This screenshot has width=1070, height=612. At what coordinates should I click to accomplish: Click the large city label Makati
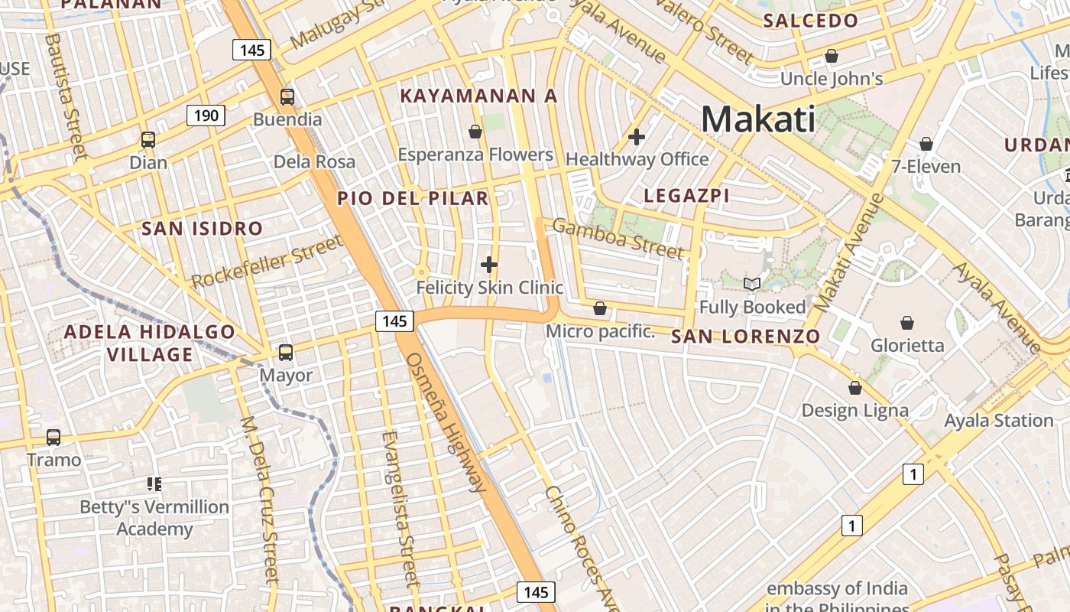pos(757,119)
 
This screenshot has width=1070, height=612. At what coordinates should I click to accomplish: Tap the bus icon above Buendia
pos(287,97)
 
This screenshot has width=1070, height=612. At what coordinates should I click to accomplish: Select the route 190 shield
pos(206,116)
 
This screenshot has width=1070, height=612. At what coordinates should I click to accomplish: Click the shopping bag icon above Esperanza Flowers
pos(475,132)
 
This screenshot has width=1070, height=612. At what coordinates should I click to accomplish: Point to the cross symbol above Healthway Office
pos(637,138)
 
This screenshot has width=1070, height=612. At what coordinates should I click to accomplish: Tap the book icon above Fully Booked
pos(752,285)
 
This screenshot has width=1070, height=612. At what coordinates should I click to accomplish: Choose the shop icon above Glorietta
pos(907,323)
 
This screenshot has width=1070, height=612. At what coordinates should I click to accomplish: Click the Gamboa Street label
pos(618,238)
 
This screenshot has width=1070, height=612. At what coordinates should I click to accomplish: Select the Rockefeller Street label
pos(267,262)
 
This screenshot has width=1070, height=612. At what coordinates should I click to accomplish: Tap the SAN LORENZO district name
pos(745,337)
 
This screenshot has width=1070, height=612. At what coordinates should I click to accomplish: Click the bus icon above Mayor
pos(286,353)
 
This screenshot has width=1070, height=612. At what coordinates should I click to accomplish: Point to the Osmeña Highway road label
pos(446,422)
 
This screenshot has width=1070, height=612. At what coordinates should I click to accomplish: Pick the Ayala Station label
pos(999,421)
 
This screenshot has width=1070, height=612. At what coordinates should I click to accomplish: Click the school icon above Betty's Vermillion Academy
pos(154,484)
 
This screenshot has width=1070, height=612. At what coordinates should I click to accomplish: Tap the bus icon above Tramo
pos(53,438)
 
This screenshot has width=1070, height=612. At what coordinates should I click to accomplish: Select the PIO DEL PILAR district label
pos(413,199)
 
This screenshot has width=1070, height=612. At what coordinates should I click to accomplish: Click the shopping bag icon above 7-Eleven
pos(926,144)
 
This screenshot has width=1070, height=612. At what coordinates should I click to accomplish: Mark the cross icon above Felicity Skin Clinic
pos(489,265)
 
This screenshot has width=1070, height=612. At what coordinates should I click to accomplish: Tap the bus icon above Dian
pos(148,140)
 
